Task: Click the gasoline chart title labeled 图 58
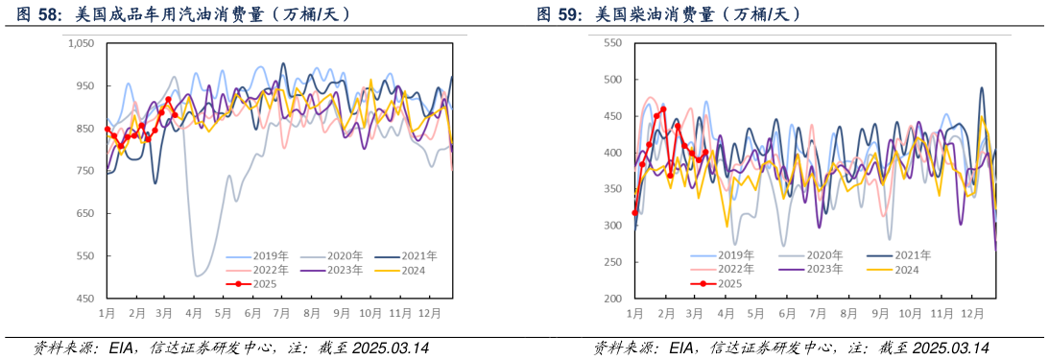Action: (182, 14)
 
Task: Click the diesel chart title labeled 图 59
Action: (669, 14)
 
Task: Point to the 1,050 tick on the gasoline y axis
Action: (80, 43)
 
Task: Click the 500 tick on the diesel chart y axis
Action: (610, 80)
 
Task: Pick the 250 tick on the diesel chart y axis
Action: (610, 262)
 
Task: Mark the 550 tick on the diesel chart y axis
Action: (610, 43)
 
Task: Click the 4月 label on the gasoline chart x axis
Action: (194, 314)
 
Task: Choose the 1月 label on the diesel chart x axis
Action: (635, 314)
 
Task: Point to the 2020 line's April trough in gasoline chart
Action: (198, 276)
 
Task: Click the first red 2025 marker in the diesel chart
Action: (634, 213)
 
